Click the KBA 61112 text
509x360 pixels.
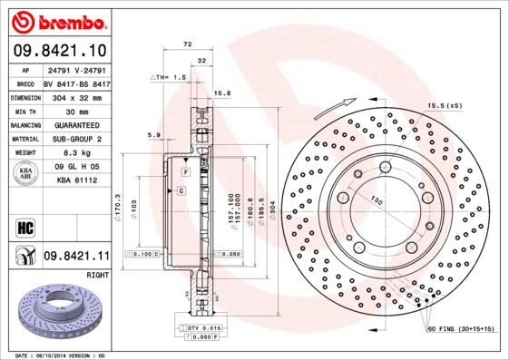tap(76, 180)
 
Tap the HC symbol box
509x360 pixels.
tap(24, 226)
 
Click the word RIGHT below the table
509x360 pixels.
tap(97, 273)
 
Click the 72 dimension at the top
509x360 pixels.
tap(188, 44)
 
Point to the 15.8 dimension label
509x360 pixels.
tap(221, 92)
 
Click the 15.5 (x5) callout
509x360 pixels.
tap(445, 106)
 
